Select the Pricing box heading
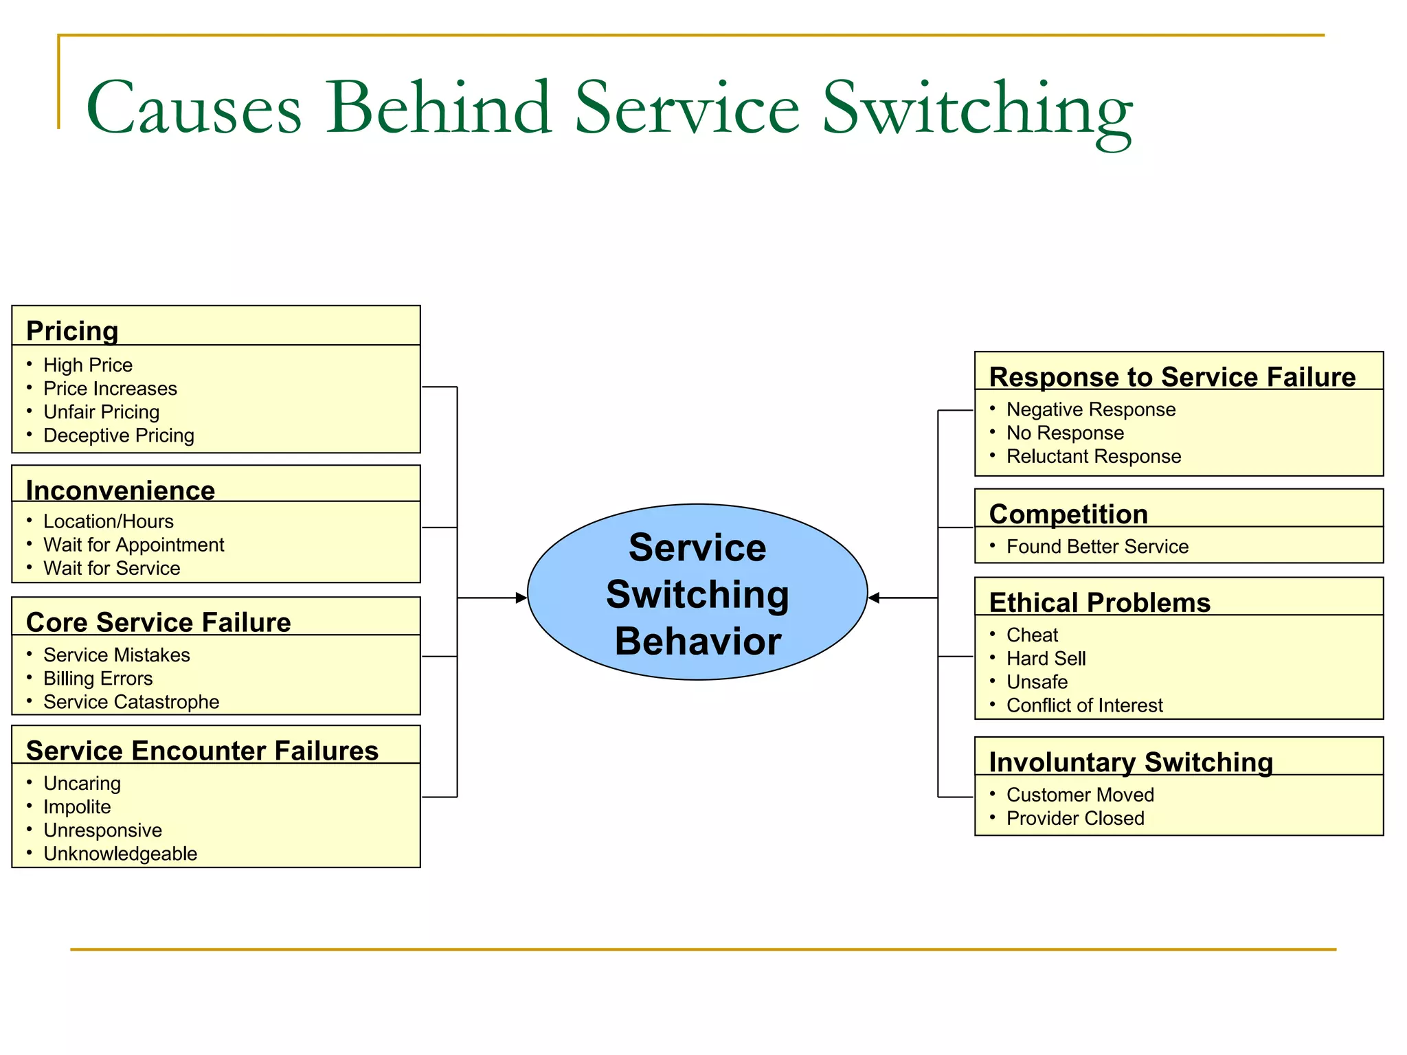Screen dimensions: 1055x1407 [x=72, y=330]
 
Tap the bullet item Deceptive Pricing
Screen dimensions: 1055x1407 [x=118, y=435]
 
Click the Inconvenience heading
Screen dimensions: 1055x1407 [x=120, y=490]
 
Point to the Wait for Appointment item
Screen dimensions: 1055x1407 [x=133, y=545]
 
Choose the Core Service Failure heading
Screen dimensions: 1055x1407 [x=158, y=622]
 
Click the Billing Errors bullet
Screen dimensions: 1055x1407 [x=98, y=679]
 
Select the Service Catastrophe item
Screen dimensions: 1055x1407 [x=131, y=702]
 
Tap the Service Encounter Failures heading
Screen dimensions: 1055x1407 [x=202, y=750]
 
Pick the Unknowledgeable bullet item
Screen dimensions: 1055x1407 [x=120, y=854]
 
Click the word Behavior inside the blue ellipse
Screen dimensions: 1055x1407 [x=697, y=641]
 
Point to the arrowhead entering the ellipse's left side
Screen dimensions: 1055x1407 [x=521, y=598]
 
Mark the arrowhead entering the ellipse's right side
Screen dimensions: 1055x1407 [x=874, y=598]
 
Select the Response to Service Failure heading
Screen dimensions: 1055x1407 [x=1172, y=376]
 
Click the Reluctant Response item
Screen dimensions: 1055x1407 [x=1093, y=456]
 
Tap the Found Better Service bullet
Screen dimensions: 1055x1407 [x=1097, y=547]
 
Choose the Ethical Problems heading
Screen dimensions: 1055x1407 [x=1099, y=602]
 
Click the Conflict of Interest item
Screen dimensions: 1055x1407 [x=1084, y=705]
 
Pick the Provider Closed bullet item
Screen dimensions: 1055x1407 [x=1075, y=818]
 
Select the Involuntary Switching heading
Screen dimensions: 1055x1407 [x=1131, y=762]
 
